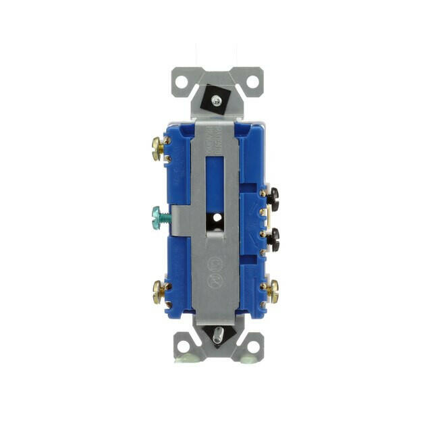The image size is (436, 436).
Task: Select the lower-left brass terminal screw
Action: pos(159,291)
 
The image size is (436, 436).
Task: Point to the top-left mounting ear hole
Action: pos(180,82)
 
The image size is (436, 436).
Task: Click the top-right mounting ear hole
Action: pos(252,82)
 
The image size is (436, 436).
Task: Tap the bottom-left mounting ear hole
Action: pos(180,346)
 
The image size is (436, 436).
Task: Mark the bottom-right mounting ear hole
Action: pos(252,346)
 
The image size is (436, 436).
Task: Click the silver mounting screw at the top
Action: pos(215,100)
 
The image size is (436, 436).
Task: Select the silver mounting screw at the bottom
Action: pos(217,335)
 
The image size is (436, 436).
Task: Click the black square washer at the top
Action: pos(216,97)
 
